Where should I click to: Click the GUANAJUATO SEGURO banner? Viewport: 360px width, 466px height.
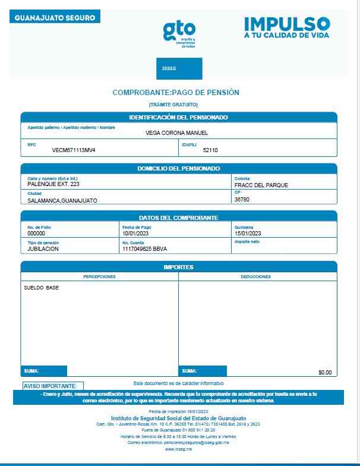click(x=55, y=18)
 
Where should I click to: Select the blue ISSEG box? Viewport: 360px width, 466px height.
click(x=179, y=69)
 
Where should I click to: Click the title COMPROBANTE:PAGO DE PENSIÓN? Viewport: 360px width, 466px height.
click(x=176, y=93)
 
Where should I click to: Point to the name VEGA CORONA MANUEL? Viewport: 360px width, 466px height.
click(x=176, y=133)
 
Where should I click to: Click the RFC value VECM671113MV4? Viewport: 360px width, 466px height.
click(x=74, y=150)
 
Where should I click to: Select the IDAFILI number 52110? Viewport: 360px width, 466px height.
click(x=210, y=150)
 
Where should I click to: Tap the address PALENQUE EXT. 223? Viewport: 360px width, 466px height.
click(x=53, y=184)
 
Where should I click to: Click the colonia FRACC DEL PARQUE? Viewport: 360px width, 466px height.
click(x=261, y=185)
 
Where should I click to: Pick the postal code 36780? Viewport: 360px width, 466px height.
click(x=242, y=200)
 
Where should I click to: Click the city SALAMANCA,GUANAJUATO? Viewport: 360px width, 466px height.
click(x=62, y=200)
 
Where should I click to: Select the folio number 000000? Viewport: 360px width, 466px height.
click(x=36, y=234)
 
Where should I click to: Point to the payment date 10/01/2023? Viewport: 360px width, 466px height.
click(x=134, y=234)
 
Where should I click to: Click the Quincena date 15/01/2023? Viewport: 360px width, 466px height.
click(x=248, y=234)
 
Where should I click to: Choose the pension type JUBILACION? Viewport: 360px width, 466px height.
click(x=43, y=249)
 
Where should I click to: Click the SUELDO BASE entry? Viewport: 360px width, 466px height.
click(x=41, y=288)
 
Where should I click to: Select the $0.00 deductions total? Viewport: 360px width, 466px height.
click(x=325, y=372)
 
